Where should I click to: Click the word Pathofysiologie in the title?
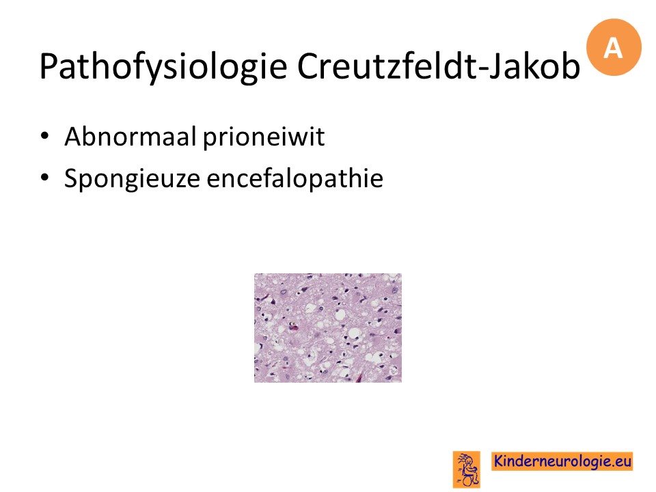tap(163, 67)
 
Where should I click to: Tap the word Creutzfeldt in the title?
tap(387, 66)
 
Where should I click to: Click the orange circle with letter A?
tap(614, 47)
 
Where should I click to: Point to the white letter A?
tap(613, 48)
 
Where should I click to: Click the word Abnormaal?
tap(130, 137)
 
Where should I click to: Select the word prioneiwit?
tap(264, 137)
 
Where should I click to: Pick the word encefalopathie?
tap(295, 178)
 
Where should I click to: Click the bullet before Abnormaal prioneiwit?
tap(45, 137)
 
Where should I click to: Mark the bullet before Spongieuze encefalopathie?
tap(45, 178)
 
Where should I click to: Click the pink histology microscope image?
tap(328, 327)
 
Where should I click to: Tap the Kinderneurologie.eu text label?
tap(562, 461)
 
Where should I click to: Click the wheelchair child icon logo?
tap(467, 469)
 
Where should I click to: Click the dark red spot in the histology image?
tap(294, 327)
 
